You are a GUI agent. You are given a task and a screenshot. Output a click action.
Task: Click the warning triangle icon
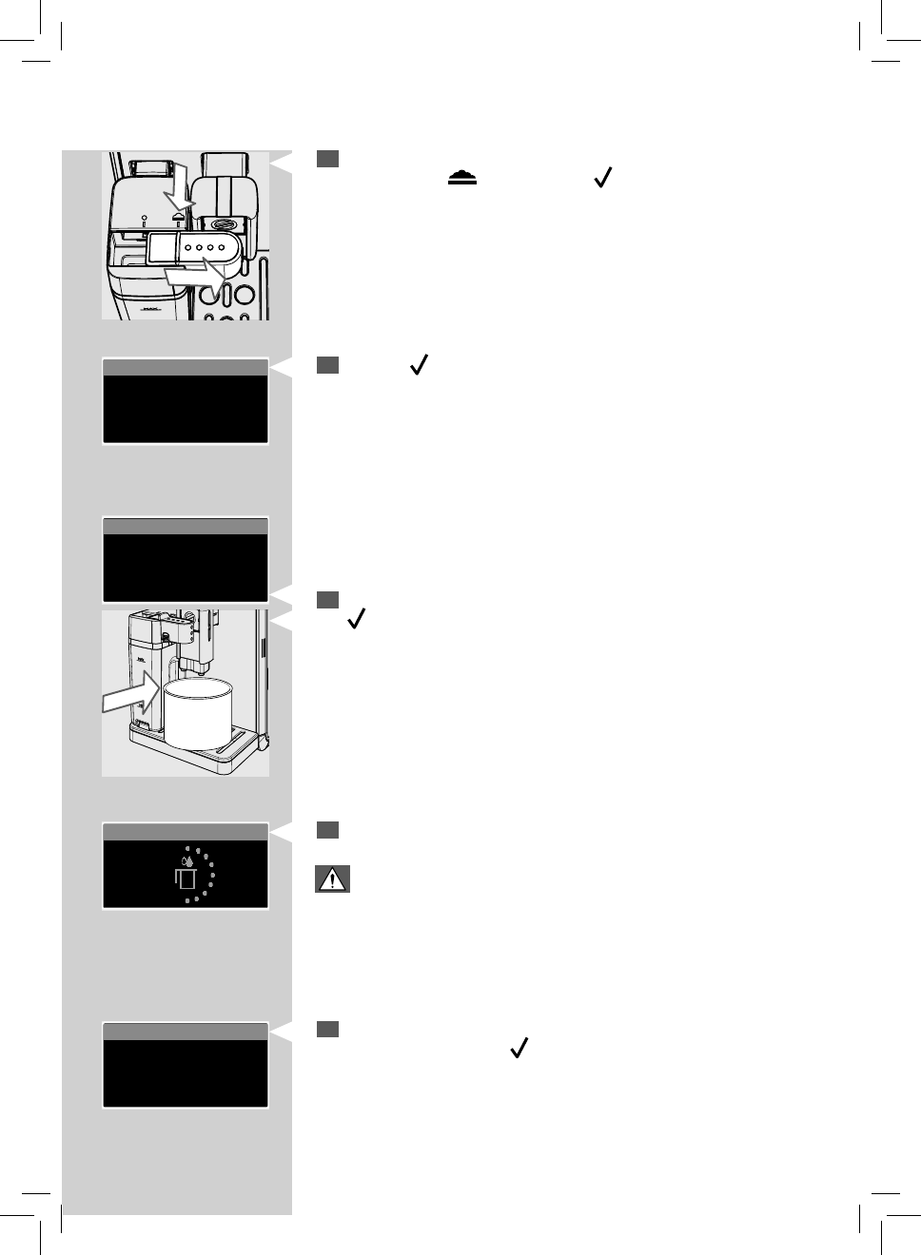click(332, 879)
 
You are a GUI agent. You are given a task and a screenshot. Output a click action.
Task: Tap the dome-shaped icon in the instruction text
click(461, 178)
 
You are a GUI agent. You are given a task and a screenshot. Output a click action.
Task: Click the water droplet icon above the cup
click(188, 861)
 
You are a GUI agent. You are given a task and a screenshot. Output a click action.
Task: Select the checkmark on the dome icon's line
click(600, 178)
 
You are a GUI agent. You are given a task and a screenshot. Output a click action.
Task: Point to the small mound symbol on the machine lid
click(178, 216)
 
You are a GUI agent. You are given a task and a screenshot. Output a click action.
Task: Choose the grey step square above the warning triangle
click(327, 830)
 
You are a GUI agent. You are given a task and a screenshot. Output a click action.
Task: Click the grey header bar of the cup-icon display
click(185, 832)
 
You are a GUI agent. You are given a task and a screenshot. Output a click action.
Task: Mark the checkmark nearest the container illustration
click(358, 621)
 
